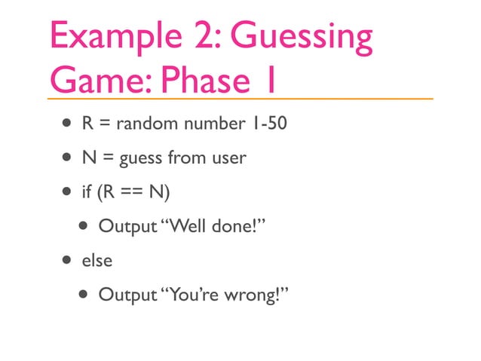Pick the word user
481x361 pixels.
tap(227, 158)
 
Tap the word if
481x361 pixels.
tap(87, 192)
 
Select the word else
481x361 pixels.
tap(97, 260)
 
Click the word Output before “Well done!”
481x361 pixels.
tap(127, 226)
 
